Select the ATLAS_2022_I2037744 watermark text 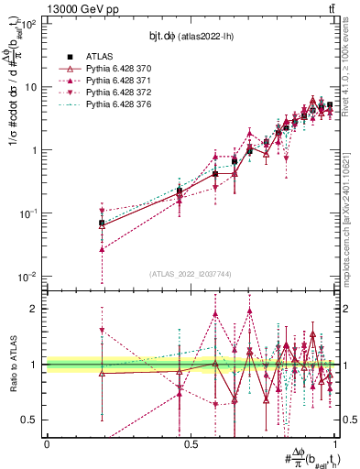(x=191, y=274)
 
